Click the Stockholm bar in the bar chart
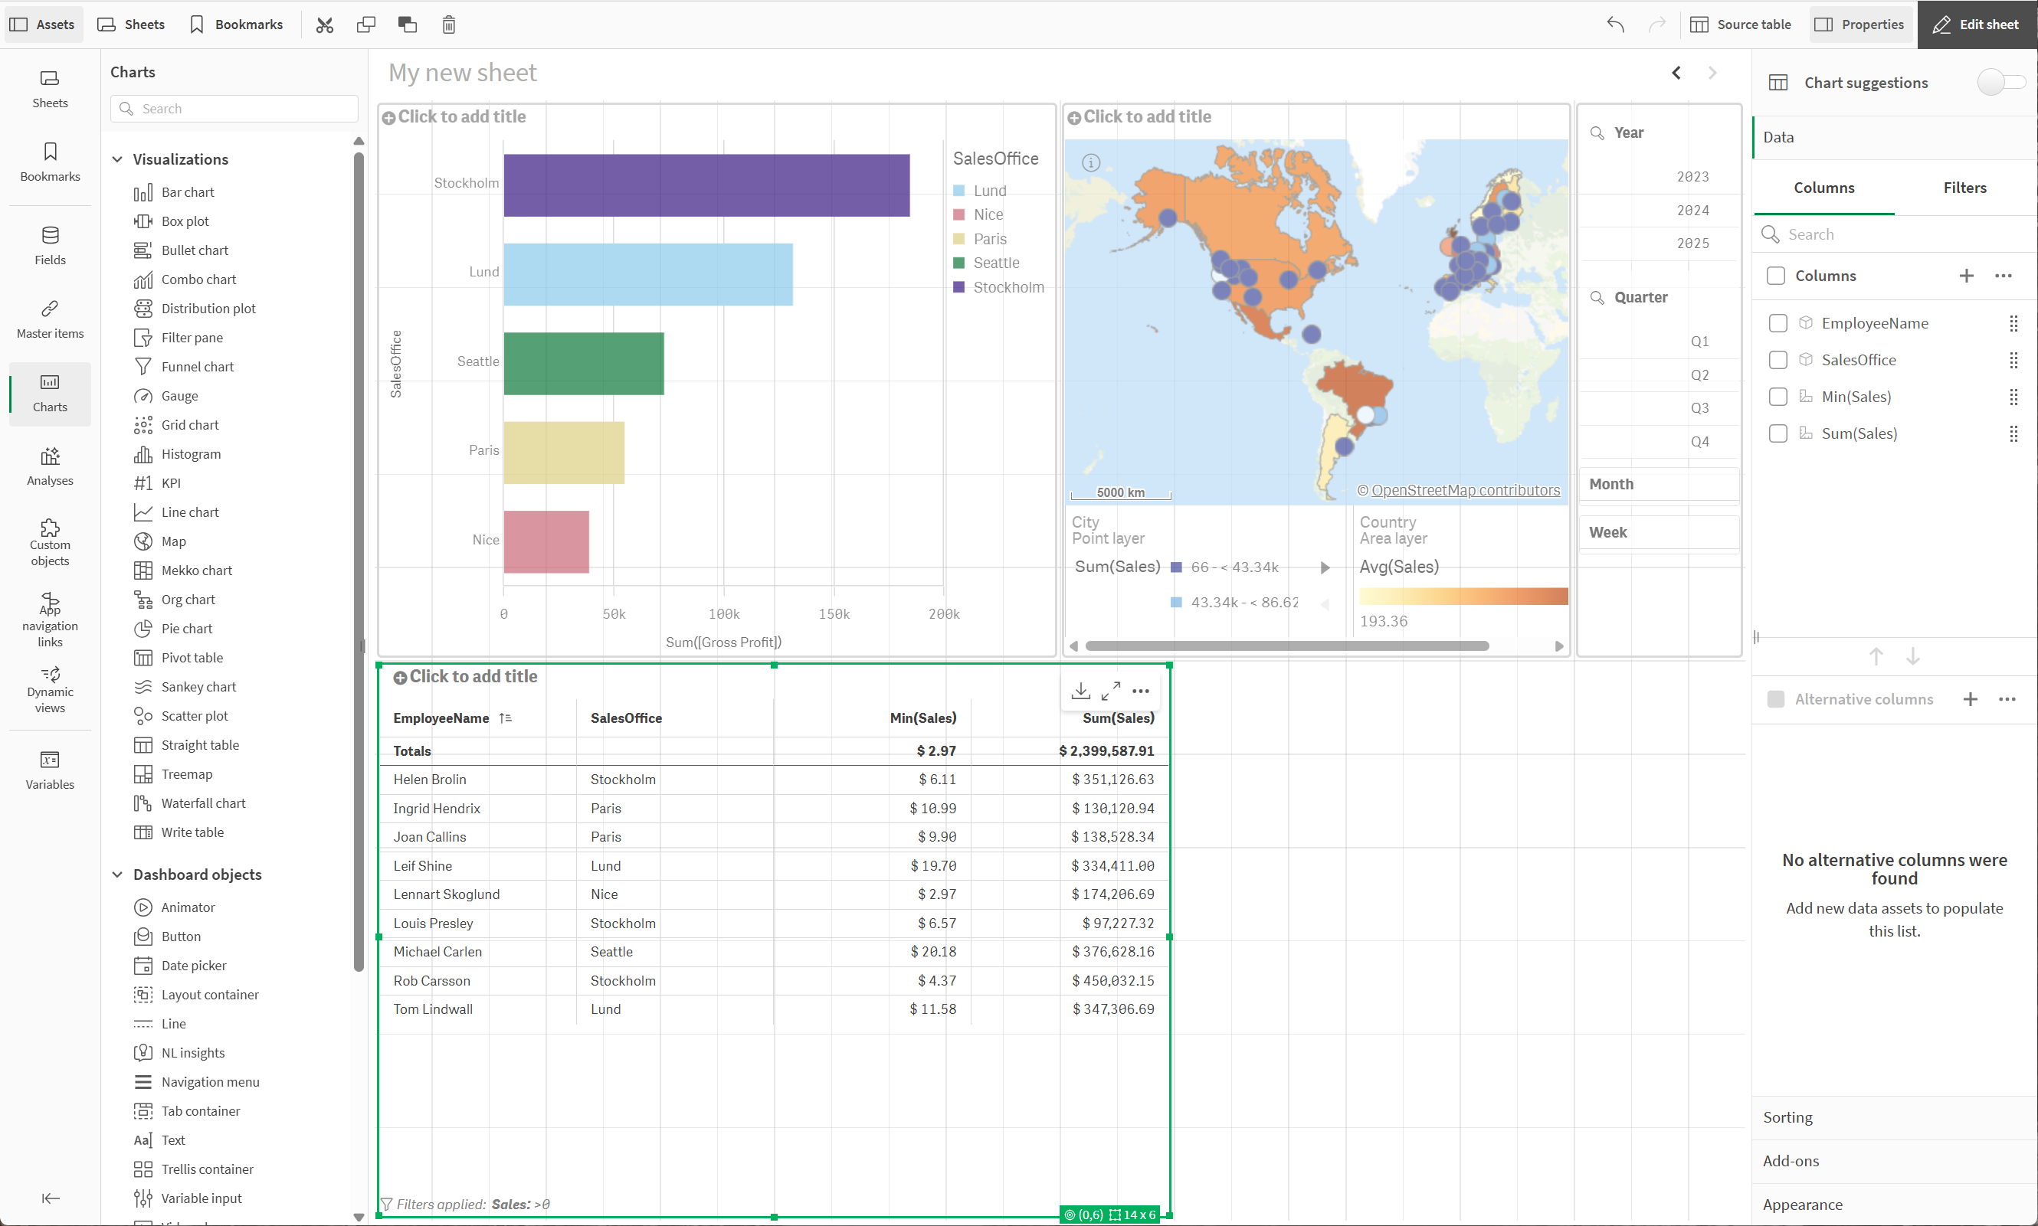(706, 185)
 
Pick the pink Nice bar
(546, 542)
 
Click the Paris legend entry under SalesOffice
(989, 239)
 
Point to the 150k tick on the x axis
(833, 614)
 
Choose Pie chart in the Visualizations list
(186, 629)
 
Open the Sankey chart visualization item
(198, 687)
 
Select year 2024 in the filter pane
(1692, 211)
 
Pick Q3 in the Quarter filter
(1699, 408)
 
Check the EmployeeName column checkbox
(1777, 323)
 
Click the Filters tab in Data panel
(1964, 188)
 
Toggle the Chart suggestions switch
(2000, 83)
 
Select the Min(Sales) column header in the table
(922, 718)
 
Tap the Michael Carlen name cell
(437, 952)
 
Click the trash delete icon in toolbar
(449, 25)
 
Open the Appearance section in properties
(1802, 1205)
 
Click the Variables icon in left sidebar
(50, 769)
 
